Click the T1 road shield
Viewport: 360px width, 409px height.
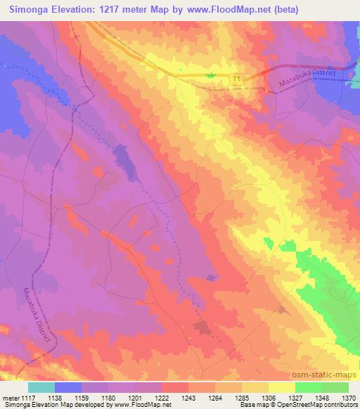click(238, 81)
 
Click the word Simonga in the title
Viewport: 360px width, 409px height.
click(32, 10)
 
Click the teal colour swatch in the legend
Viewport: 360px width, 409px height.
click(41, 387)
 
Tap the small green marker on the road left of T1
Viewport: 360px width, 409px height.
click(210, 74)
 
